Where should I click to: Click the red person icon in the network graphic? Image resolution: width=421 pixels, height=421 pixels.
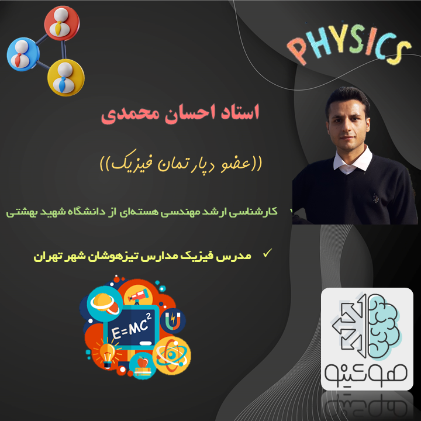click(x=62, y=23)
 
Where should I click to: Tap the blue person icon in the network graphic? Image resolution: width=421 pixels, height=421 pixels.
click(x=23, y=54)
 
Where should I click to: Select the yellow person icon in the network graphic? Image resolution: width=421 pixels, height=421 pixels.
click(x=65, y=78)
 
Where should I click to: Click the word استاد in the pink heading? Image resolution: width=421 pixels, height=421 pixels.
click(x=240, y=112)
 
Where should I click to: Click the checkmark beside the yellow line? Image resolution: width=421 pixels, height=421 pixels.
click(x=267, y=253)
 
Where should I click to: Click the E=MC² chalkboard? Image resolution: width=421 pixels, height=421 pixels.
click(x=132, y=326)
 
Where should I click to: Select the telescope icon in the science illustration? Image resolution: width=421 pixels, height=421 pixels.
click(x=138, y=296)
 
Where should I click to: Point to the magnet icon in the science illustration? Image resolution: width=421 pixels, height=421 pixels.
click(x=173, y=320)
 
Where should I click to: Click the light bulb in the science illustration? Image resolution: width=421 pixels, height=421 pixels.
click(x=108, y=354)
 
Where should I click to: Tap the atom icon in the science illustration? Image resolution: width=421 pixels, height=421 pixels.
click(x=171, y=356)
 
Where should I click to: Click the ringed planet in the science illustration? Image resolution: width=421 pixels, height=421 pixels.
click(x=105, y=303)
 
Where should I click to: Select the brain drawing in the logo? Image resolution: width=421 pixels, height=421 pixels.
click(x=384, y=326)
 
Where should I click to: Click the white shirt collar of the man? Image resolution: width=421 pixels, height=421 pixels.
click(x=353, y=161)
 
